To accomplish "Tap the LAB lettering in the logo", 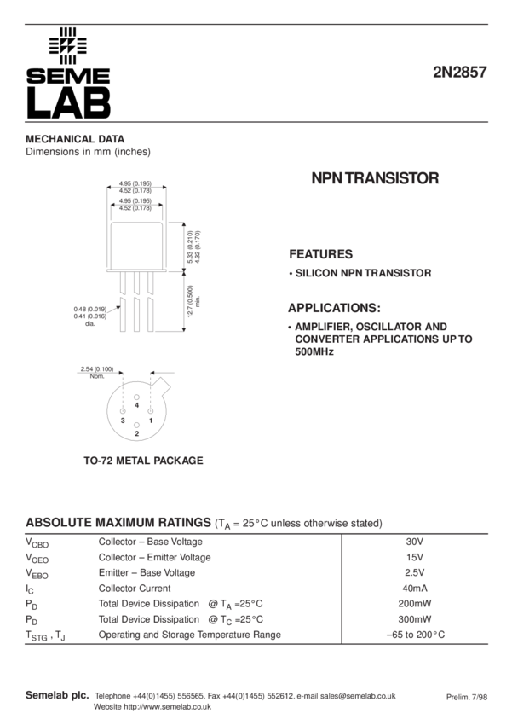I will (68, 102).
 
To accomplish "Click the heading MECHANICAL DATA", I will (75, 139).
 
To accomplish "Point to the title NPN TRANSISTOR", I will (375, 179).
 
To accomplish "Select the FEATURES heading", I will (320, 254).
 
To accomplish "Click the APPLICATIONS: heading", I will (333, 308).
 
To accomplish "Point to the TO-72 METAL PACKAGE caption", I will (143, 461).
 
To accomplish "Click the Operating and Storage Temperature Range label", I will (189, 635).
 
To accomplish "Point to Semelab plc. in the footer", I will (56, 695).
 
